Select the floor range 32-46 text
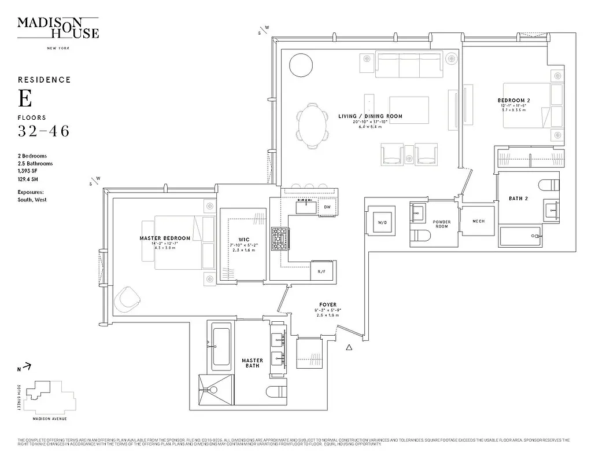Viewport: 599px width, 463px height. point(44,131)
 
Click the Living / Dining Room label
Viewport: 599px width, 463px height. point(370,116)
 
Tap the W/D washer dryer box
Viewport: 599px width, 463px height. point(382,222)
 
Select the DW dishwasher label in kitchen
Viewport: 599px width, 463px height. point(327,207)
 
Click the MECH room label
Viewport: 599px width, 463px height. point(478,222)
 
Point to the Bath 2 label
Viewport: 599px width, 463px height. point(518,199)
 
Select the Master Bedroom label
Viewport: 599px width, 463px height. point(165,238)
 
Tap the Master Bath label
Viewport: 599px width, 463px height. point(252,363)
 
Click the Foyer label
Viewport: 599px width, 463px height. point(328,304)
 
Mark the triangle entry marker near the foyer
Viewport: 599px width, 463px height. point(348,348)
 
